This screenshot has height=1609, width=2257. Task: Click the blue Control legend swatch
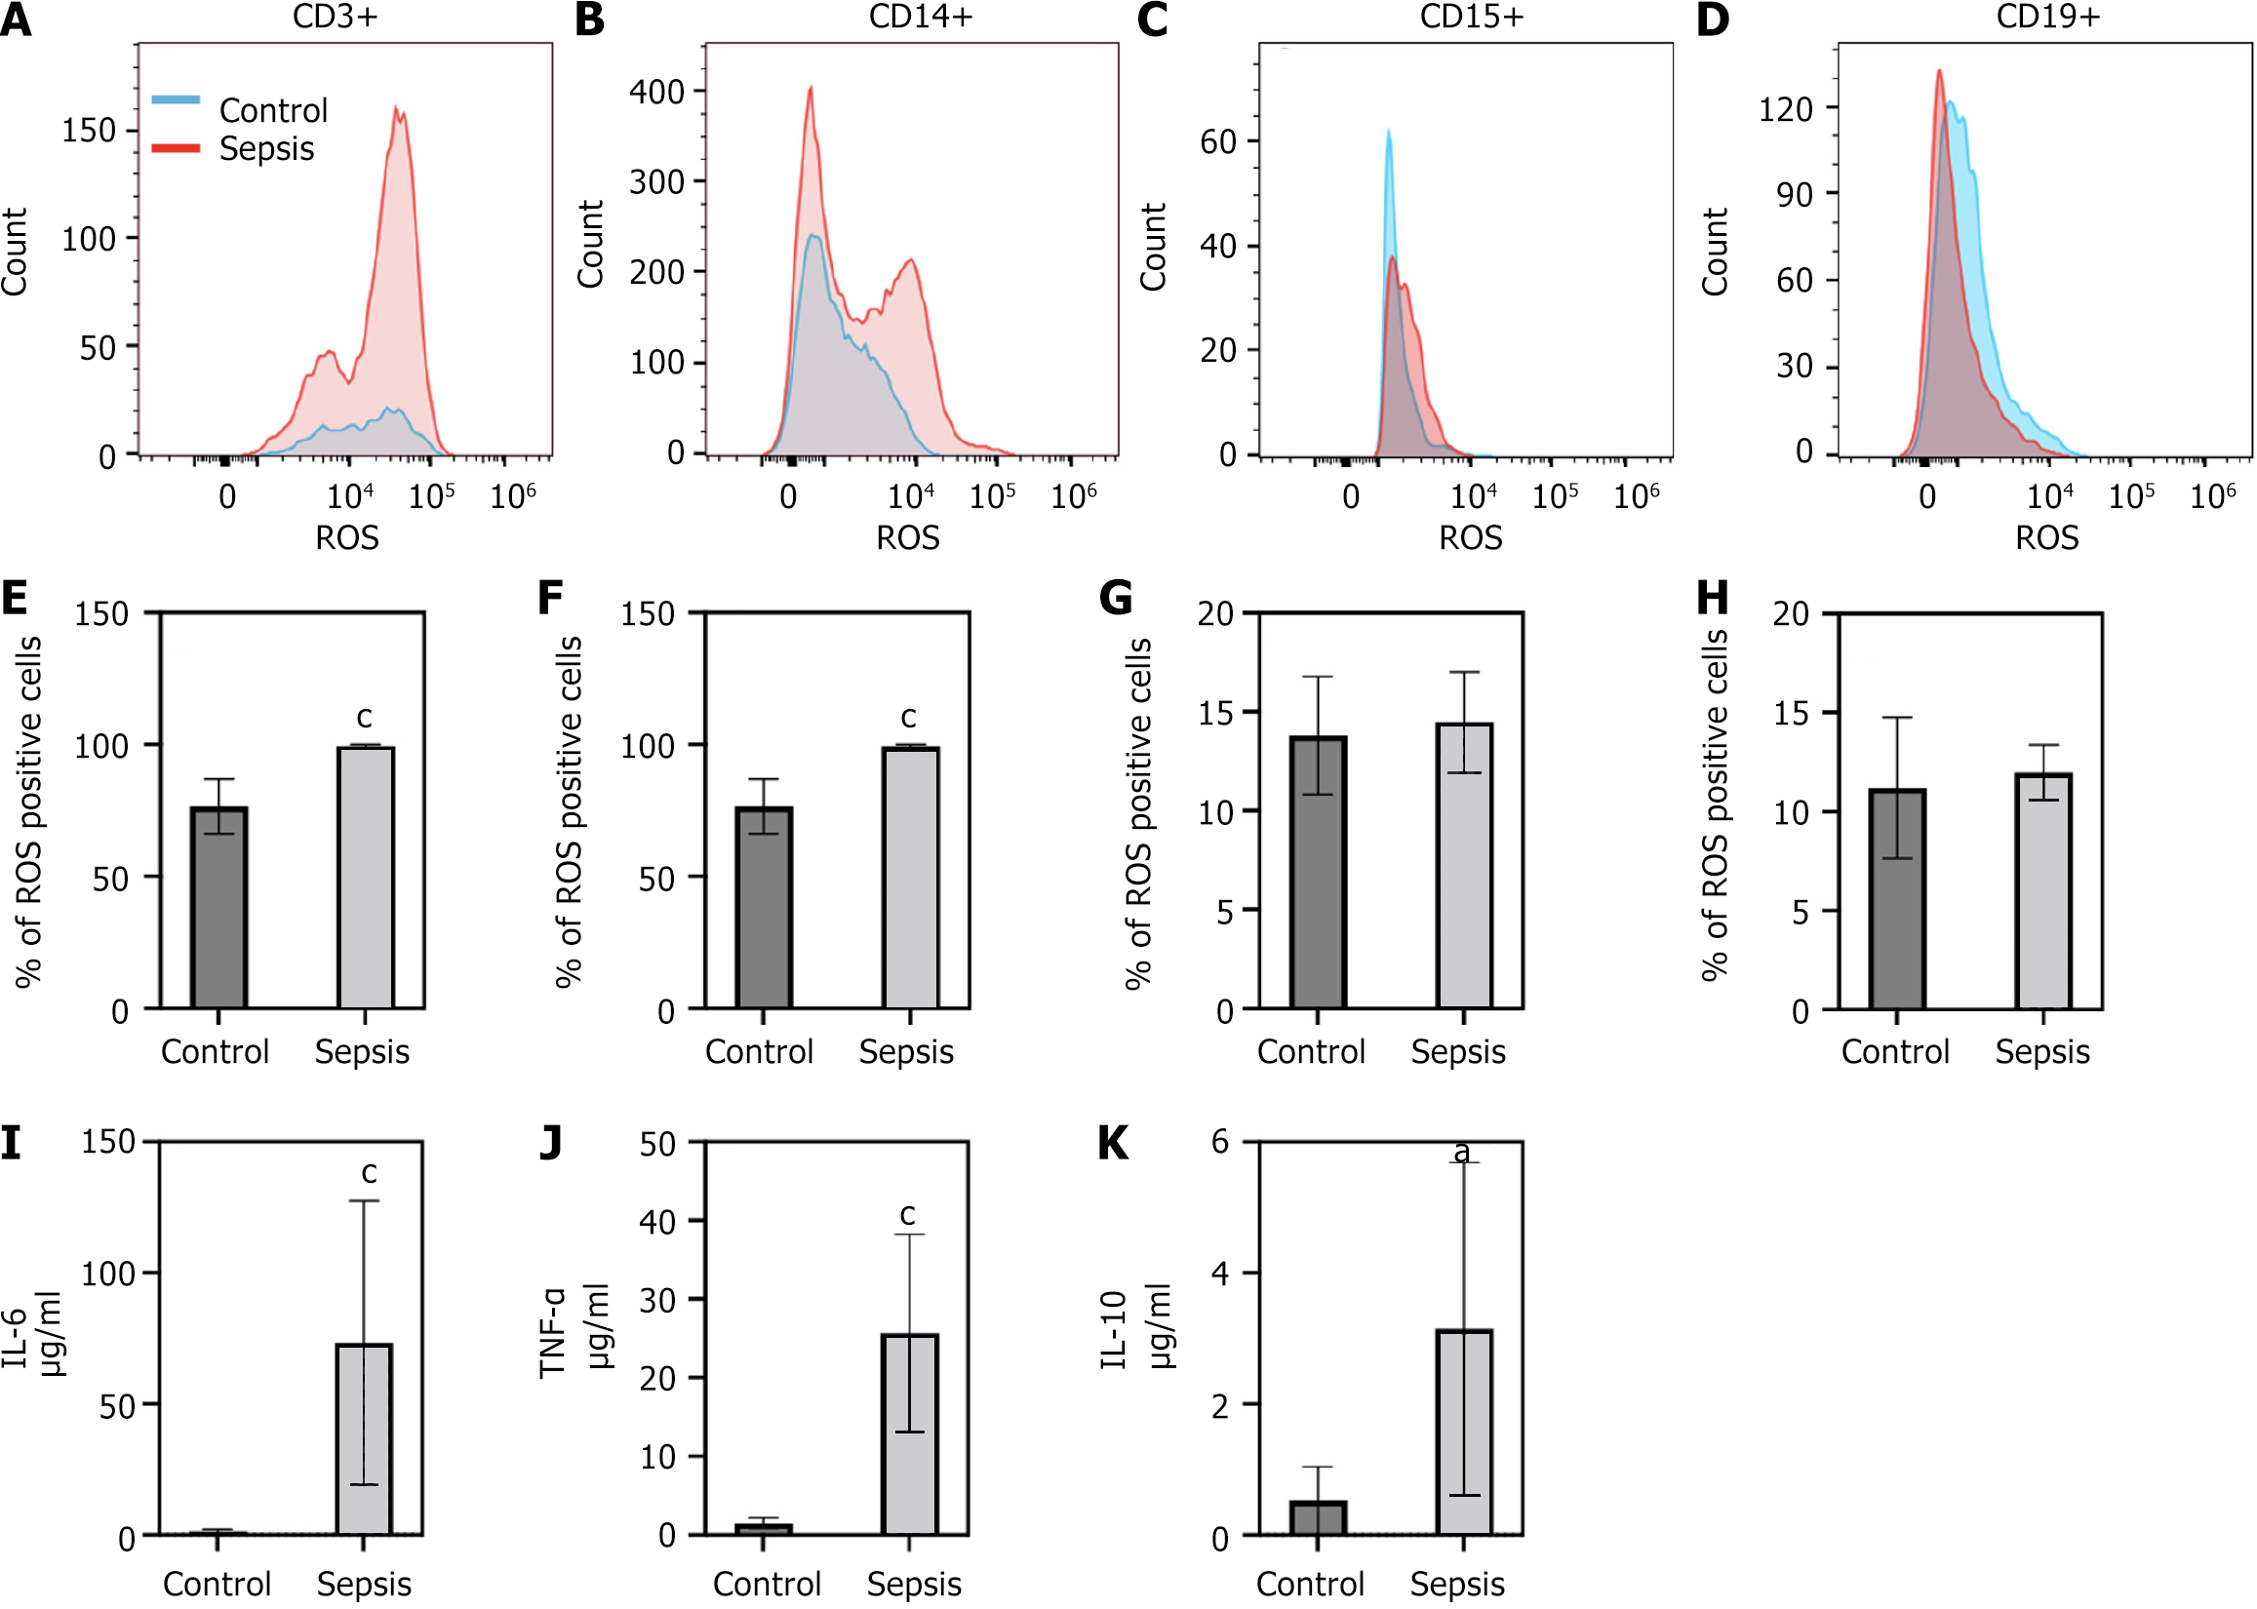point(176,100)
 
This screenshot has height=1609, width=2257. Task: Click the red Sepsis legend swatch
point(176,148)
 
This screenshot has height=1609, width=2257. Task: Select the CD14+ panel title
point(921,17)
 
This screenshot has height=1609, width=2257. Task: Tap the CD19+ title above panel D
point(2048,17)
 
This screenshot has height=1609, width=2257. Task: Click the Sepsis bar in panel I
point(364,1438)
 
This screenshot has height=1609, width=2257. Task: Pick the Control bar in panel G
point(1318,872)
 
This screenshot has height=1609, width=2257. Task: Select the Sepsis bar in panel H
point(2043,890)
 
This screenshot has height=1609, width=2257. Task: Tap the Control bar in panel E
point(218,908)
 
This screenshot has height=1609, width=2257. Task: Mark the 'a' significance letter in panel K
point(1461,1152)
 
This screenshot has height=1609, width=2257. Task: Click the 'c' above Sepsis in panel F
point(907,717)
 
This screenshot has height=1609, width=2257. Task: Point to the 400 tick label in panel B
point(656,92)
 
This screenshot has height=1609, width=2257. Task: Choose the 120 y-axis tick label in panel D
point(1785,109)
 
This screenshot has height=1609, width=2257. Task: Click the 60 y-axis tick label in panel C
point(1217,142)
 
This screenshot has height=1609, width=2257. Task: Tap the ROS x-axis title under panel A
point(347,538)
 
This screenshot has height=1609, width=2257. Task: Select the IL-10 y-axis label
point(1115,1329)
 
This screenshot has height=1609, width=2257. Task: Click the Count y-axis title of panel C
point(1153,248)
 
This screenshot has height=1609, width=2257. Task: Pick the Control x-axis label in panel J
point(767,1584)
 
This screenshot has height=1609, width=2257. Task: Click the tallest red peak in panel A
point(399,111)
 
